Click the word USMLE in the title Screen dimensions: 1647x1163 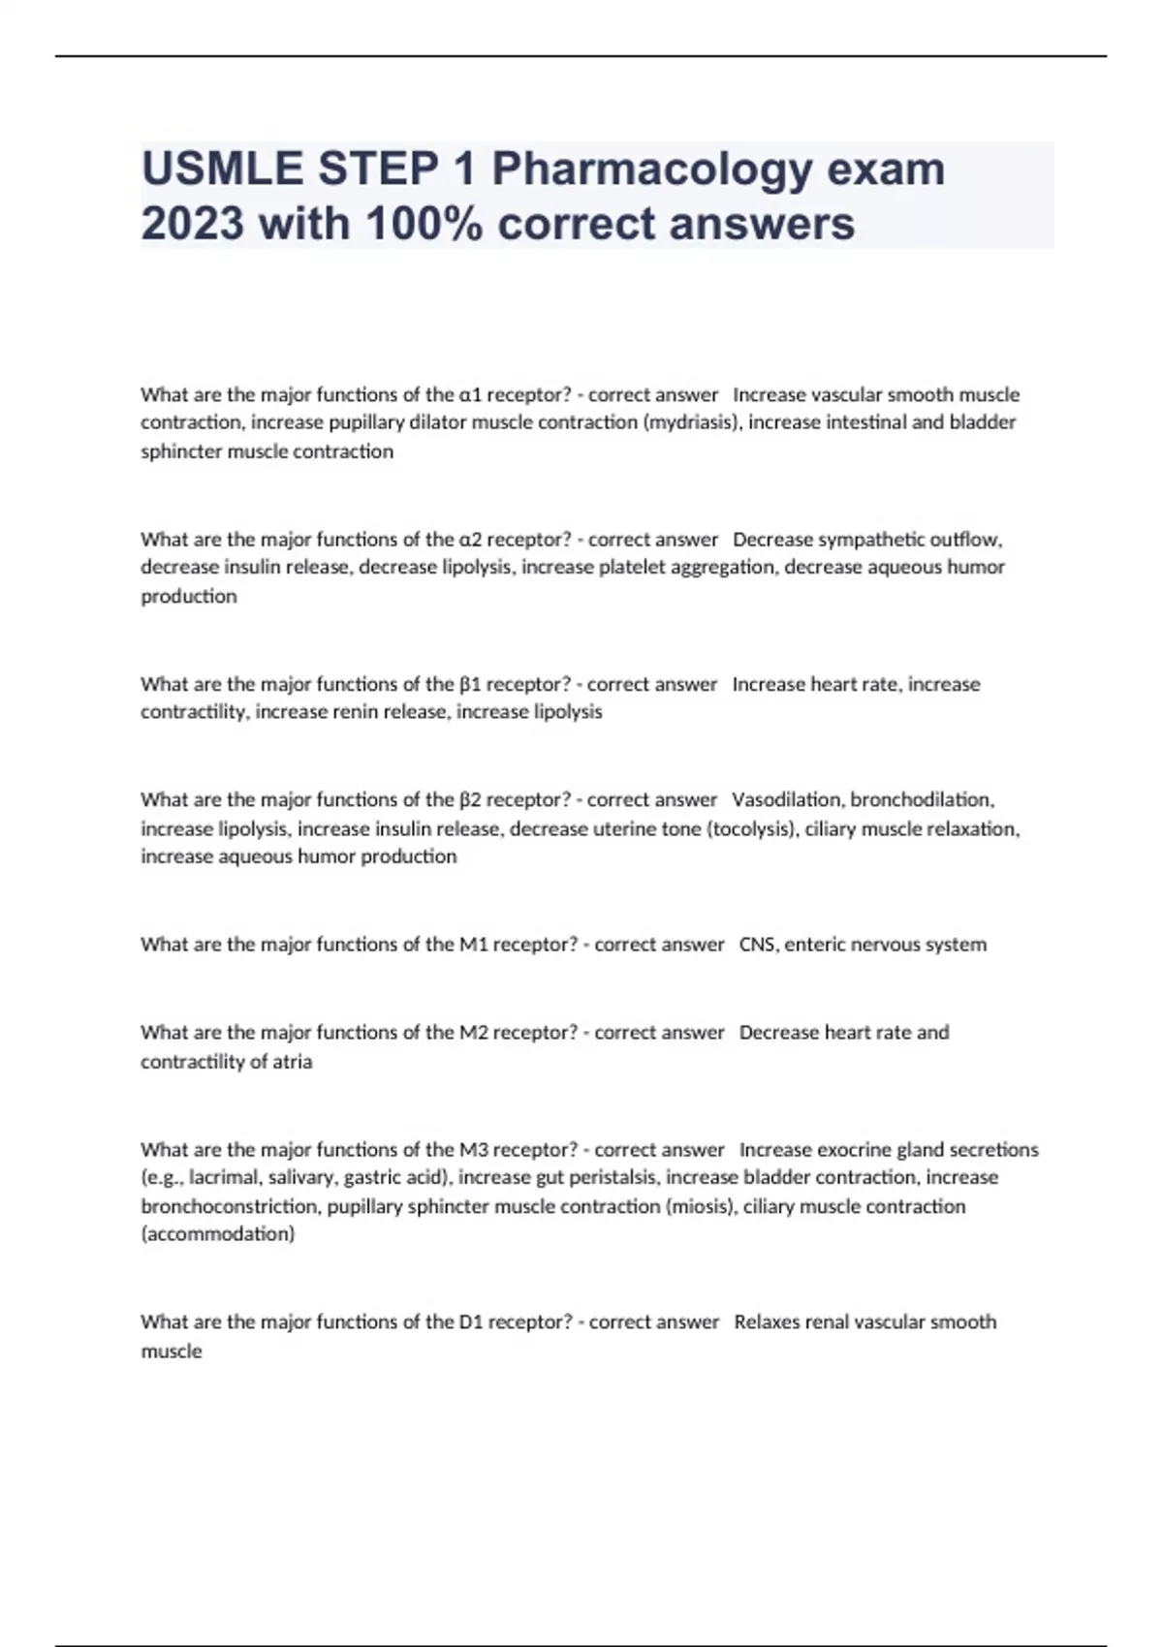pyautogui.click(x=222, y=169)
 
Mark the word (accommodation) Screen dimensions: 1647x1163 pyautogui.click(x=218, y=1234)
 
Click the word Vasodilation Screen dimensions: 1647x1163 pyautogui.click(x=787, y=799)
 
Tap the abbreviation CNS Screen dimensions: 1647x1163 pyautogui.click(x=757, y=944)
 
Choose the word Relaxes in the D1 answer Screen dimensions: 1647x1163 pyautogui.click(x=767, y=1321)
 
